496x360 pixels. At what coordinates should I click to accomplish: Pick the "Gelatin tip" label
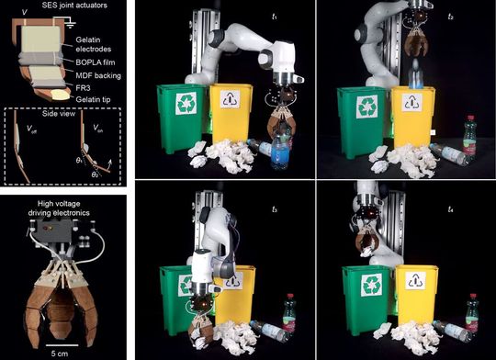tap(88, 102)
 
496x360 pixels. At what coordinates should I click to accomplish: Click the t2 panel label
tap(478, 16)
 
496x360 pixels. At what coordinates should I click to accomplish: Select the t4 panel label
tap(478, 197)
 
